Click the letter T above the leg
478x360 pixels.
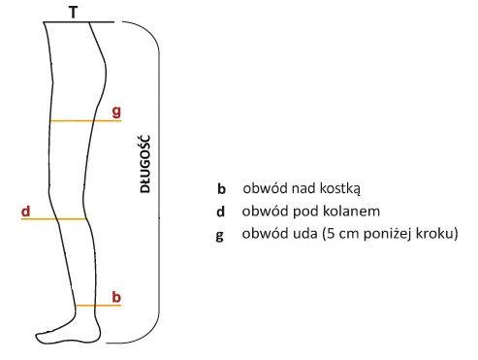[75, 12]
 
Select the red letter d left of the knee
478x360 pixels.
[27, 210]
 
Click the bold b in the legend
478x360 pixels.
[221, 189]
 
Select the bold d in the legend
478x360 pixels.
[221, 212]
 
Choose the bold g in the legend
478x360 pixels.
[221, 236]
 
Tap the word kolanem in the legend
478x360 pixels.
[351, 212]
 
